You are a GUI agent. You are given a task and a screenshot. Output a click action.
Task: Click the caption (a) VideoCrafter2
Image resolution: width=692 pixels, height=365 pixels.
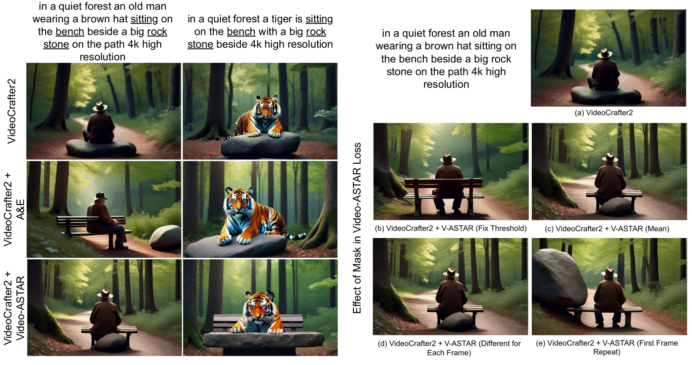click(603, 113)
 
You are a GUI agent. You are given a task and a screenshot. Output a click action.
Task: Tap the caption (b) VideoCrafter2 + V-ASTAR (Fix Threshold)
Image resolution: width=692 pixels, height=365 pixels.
click(451, 228)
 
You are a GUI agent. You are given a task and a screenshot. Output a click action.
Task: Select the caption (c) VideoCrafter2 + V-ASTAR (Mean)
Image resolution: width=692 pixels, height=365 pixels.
click(607, 229)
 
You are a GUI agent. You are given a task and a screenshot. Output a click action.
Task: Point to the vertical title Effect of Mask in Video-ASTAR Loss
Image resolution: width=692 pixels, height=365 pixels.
click(357, 228)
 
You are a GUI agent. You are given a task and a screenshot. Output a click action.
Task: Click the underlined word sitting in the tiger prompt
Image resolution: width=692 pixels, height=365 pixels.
click(319, 19)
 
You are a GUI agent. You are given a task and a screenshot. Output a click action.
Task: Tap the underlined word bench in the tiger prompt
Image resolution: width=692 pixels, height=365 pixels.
click(241, 32)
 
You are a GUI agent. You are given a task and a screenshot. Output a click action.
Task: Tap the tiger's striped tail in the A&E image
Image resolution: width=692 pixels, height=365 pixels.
click(296, 236)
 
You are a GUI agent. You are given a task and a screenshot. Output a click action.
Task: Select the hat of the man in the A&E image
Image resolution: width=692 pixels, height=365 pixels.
click(100, 196)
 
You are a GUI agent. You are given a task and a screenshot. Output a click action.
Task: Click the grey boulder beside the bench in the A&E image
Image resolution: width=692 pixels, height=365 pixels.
click(165, 237)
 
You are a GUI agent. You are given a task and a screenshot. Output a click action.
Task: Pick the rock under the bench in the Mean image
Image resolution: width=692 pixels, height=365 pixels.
click(615, 207)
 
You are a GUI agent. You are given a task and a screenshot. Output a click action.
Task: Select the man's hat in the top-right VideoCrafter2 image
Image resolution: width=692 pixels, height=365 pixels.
click(605, 54)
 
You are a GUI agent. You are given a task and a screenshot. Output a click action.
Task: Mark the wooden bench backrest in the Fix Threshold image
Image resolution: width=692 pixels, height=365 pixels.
click(443, 183)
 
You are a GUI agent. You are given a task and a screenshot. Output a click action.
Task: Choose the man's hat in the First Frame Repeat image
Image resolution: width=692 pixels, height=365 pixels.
click(609, 273)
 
